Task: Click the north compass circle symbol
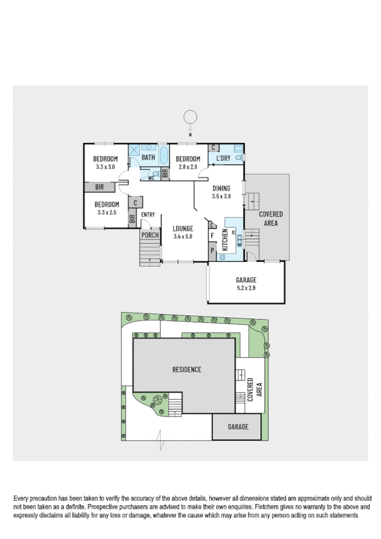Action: (190, 117)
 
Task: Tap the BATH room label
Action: (148, 158)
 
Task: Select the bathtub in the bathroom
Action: (163, 156)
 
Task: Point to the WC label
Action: (151, 178)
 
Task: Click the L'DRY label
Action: (223, 158)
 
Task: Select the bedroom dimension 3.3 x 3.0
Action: (105, 167)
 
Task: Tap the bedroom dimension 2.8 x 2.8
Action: (188, 167)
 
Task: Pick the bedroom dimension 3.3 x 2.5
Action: (106, 212)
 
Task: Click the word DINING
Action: (221, 189)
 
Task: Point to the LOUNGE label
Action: (183, 228)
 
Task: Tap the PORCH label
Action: (150, 235)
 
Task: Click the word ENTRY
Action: (148, 215)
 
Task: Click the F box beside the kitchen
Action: (212, 235)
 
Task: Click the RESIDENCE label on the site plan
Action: (186, 369)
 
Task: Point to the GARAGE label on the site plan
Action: (238, 426)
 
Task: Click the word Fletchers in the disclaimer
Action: (255, 507)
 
